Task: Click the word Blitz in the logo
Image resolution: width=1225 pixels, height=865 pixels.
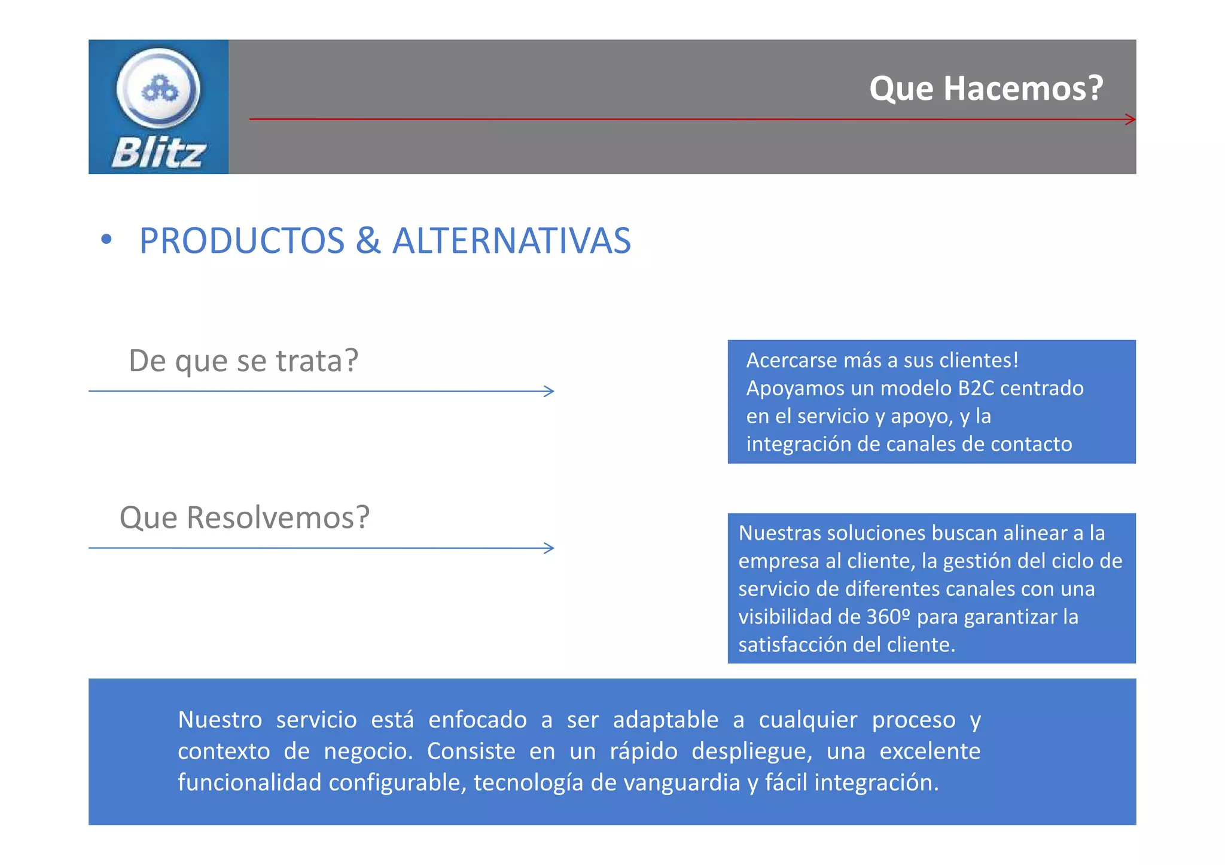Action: [159, 153]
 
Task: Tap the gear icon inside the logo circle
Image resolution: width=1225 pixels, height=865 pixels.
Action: [159, 90]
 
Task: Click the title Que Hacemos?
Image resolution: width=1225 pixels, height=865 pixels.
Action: [986, 88]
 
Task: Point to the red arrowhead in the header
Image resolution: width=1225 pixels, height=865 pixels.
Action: [1130, 120]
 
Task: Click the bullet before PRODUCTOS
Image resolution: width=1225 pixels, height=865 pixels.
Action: [106, 240]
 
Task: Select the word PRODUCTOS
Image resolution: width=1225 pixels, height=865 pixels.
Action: [242, 241]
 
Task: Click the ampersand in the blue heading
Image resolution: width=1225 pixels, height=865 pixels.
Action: [368, 241]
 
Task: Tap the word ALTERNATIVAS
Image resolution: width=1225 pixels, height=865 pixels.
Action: [511, 241]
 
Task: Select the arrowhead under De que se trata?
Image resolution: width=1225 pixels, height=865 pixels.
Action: [549, 391]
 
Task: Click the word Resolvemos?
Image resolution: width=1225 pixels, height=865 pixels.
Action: [278, 518]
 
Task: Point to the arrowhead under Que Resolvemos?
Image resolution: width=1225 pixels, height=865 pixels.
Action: [549, 548]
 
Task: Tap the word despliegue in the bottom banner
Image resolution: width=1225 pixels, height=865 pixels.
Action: [751, 751]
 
